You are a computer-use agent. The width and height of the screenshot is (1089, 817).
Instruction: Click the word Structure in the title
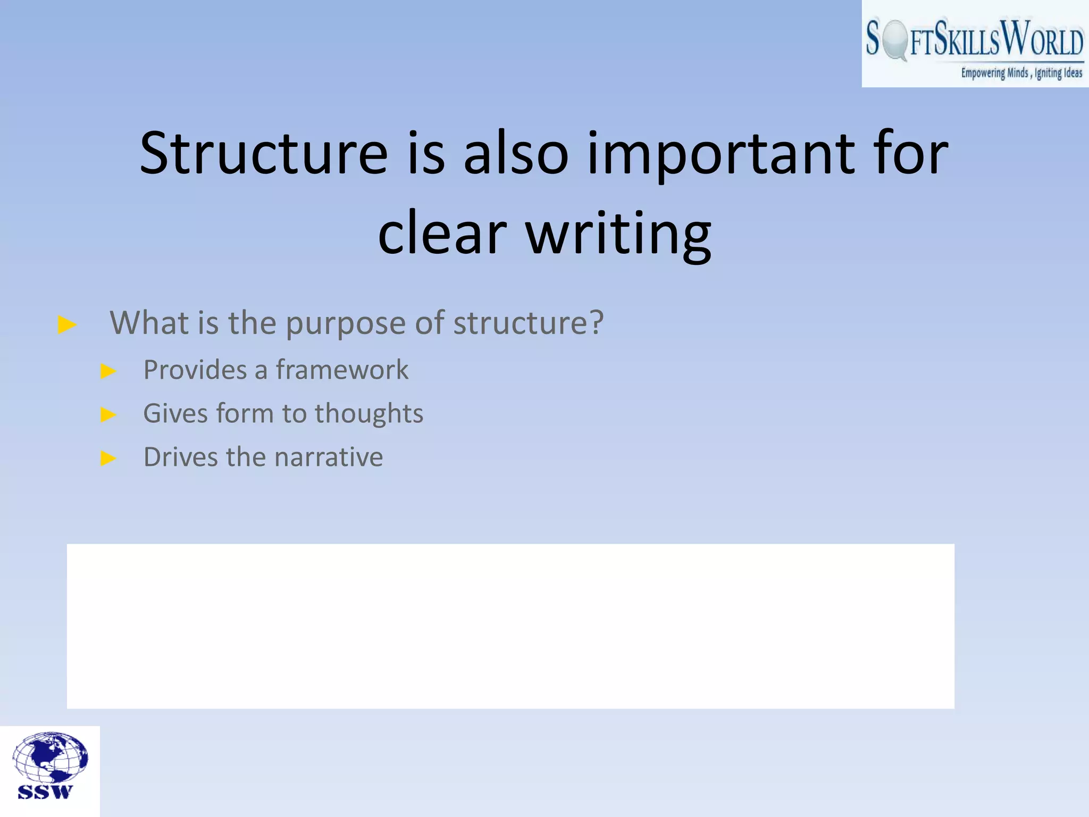(x=264, y=154)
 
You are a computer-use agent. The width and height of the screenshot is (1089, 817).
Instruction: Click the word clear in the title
(x=442, y=233)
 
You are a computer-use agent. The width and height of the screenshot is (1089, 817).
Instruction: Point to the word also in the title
(x=516, y=154)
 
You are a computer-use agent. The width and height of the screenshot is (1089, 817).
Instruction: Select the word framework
(x=342, y=370)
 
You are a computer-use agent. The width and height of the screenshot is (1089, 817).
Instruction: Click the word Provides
(x=195, y=370)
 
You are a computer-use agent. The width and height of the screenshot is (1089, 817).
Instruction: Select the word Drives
(x=180, y=457)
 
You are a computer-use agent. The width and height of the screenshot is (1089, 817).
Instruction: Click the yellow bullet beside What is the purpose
(x=67, y=324)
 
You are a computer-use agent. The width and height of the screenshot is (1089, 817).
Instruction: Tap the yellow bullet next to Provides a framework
(x=108, y=371)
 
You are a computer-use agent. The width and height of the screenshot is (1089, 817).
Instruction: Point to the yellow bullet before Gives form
(x=108, y=414)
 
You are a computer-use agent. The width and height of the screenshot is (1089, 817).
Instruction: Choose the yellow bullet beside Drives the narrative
(x=108, y=458)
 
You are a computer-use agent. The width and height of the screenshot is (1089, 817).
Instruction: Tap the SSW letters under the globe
(x=45, y=793)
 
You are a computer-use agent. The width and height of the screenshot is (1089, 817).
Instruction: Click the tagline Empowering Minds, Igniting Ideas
(x=1021, y=73)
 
